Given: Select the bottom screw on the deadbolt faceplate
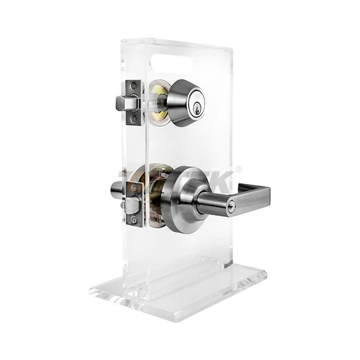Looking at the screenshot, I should pos(133,120).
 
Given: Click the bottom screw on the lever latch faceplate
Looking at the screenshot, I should pos(133,220).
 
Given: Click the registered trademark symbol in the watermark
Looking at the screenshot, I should pos(238,169).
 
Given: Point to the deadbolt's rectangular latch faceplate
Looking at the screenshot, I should pos(133,102).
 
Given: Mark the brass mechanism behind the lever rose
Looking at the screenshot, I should pos(155,198).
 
